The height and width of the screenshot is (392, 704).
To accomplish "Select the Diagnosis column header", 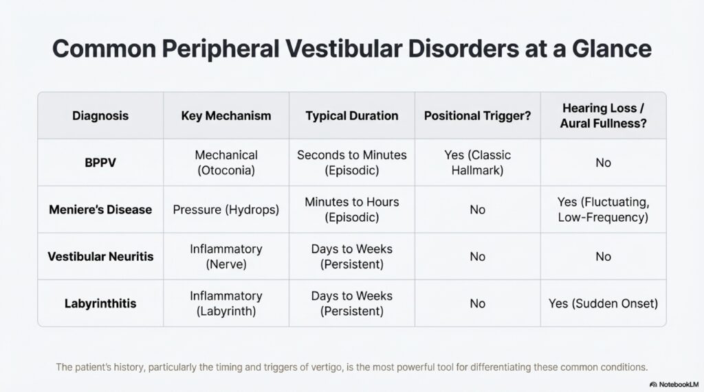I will point(100,115).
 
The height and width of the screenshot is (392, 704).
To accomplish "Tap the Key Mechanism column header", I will point(225,115).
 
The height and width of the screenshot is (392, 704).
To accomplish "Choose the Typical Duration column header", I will point(351,115).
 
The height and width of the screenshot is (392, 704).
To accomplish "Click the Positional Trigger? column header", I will point(477,115).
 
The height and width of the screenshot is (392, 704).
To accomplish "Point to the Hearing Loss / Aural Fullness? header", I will point(603,115).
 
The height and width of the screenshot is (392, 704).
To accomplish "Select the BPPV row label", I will point(100,163).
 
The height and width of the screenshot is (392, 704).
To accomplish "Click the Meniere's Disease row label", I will point(100,209).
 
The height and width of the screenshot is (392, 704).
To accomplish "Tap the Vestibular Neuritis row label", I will point(100,257).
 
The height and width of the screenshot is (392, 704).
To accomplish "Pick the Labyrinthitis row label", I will point(100,303).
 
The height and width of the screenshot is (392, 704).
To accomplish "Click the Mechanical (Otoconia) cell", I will point(225,163).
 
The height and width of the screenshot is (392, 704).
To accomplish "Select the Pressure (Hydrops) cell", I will point(225,209).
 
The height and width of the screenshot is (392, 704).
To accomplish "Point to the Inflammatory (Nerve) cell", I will point(225,256).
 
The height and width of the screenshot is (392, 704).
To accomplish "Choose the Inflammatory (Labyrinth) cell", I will point(225,303).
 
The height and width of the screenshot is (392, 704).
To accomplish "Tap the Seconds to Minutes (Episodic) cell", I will point(351,163).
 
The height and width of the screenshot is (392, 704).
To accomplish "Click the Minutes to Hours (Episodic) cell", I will point(351,209).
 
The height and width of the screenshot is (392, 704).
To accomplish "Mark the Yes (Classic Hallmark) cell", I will point(477,163).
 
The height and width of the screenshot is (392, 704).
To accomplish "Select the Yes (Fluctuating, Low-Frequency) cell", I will point(603,209).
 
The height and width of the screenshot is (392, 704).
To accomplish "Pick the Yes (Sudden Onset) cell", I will point(603,303).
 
